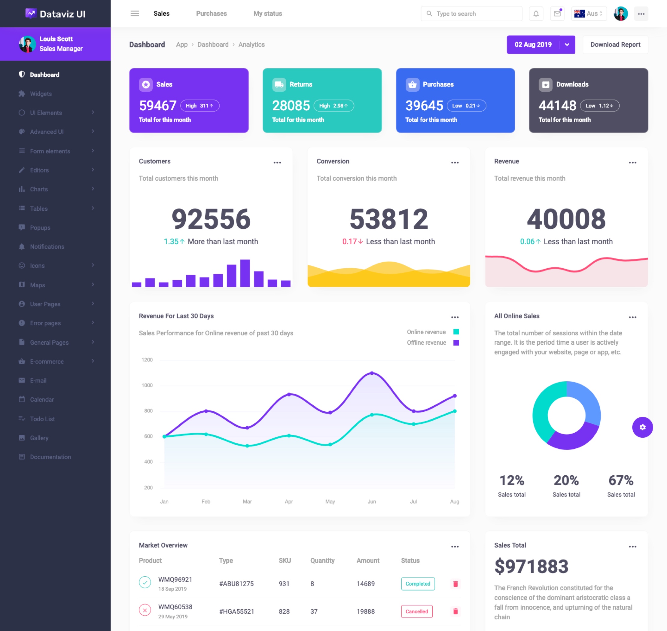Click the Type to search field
(x=474, y=14)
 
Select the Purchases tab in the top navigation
(x=211, y=14)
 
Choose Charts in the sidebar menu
(x=39, y=189)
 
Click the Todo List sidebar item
(x=42, y=419)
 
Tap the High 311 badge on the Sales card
(x=199, y=105)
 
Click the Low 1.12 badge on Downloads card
(x=599, y=105)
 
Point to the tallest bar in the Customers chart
(x=245, y=273)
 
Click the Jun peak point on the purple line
(x=372, y=373)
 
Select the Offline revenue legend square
(x=456, y=343)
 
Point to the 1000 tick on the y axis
(x=147, y=385)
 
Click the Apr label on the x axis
(x=289, y=501)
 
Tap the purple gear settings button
(x=642, y=427)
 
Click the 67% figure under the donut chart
(x=621, y=480)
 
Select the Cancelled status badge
(x=416, y=611)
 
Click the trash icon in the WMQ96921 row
(x=455, y=584)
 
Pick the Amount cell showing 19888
(x=365, y=611)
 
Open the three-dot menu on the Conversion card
(x=455, y=163)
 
